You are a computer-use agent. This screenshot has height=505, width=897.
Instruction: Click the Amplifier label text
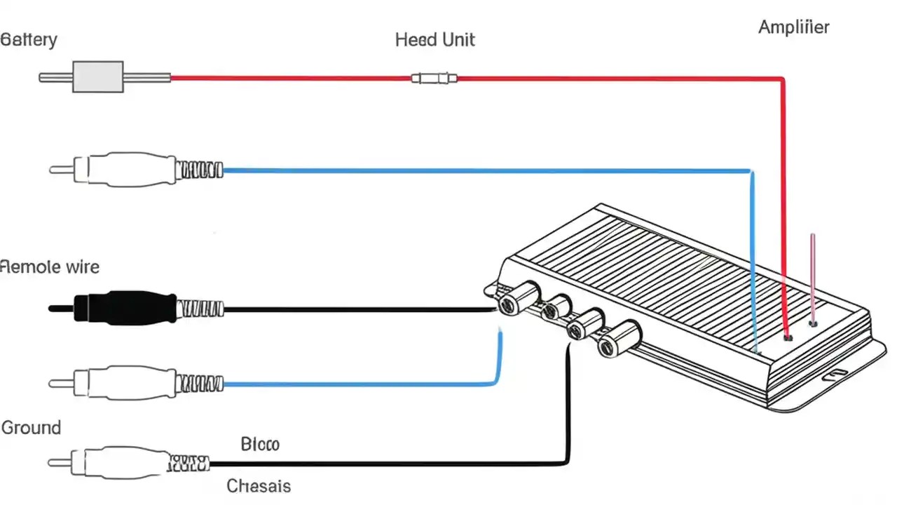pos(793,27)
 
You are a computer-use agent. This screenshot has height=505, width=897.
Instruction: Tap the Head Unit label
pos(434,39)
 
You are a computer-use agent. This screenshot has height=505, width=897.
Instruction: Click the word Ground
pos(32,427)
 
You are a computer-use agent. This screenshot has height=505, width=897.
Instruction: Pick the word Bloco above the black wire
pos(259,444)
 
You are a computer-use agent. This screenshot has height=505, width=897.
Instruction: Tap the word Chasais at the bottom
pos(259,485)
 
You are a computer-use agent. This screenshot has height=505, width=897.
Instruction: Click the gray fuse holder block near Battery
pos(98,76)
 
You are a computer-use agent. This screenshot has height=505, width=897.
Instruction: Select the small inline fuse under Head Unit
pos(434,78)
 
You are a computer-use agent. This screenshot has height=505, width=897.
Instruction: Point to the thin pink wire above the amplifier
pos(812,274)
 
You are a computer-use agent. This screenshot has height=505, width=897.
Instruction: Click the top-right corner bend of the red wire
pos(782,79)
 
